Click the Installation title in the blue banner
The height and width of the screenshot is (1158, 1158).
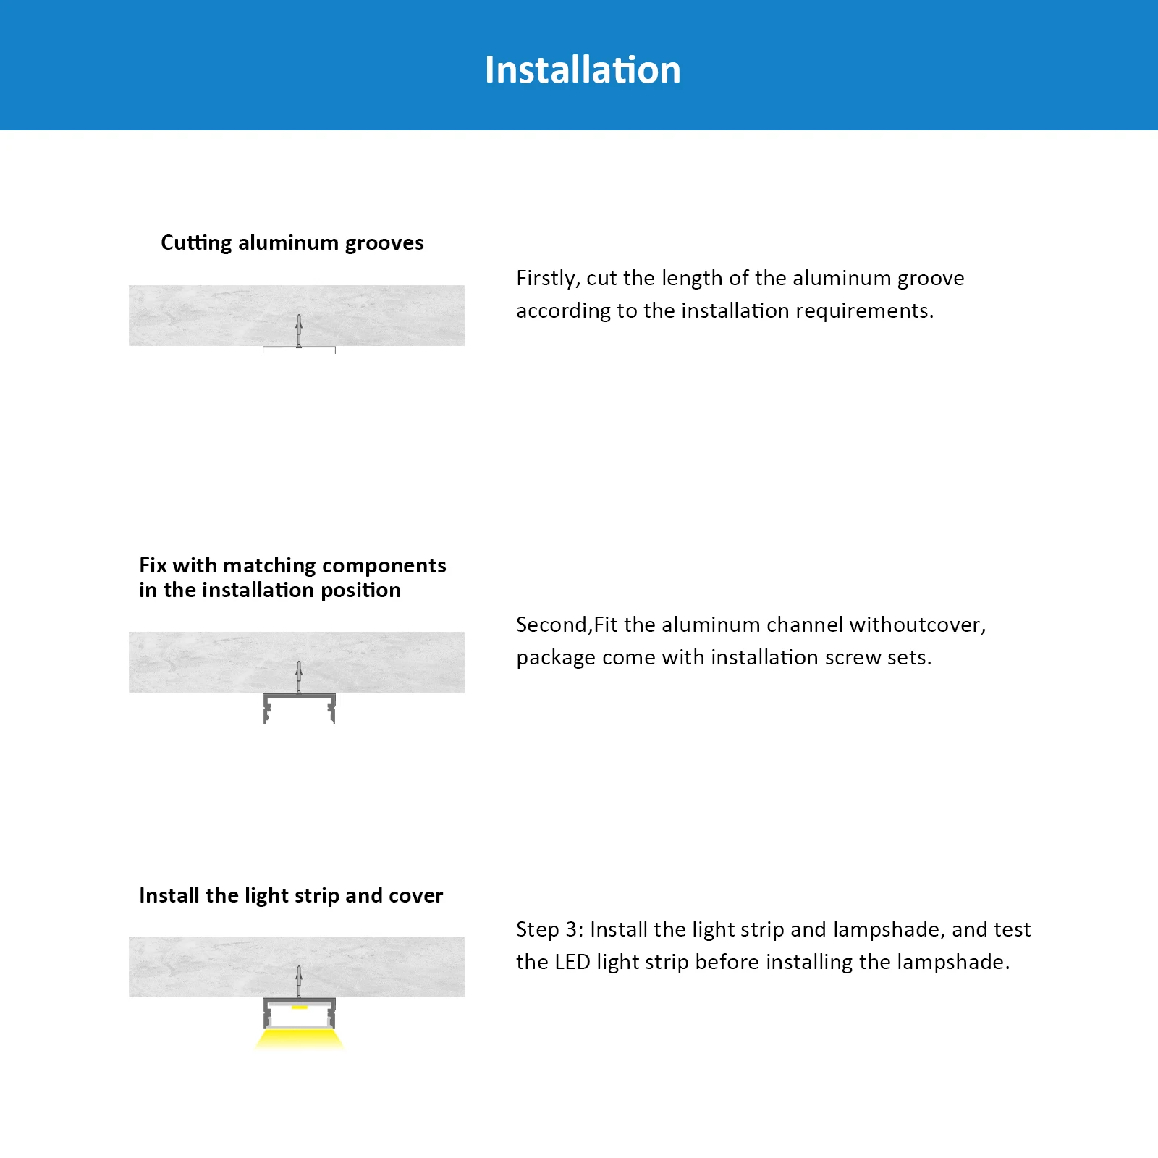583,70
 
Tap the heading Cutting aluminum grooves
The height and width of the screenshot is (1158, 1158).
292,242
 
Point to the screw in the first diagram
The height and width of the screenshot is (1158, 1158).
299,330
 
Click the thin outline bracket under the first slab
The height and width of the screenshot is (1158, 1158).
299,349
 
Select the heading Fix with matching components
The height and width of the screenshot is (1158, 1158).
292,565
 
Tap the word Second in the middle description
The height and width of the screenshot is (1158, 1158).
552,625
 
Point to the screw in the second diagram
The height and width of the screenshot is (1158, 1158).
299,677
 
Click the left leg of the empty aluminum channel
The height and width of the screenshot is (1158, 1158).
266,710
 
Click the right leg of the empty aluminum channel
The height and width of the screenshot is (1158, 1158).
331,710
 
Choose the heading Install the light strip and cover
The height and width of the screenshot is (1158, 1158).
290,895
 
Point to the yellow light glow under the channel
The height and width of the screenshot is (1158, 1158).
299,1040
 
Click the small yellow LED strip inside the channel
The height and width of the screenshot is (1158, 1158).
299,1007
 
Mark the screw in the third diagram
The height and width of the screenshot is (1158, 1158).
299,981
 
